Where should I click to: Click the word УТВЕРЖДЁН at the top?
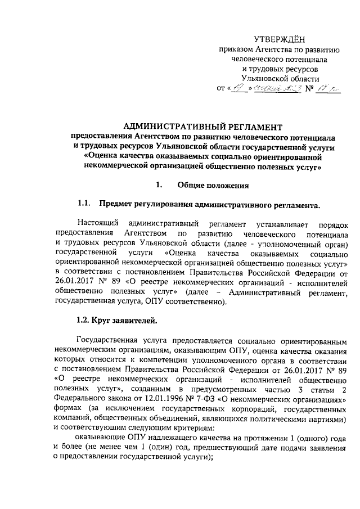[x=279, y=39]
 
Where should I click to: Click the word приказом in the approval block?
[x=236, y=49]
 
